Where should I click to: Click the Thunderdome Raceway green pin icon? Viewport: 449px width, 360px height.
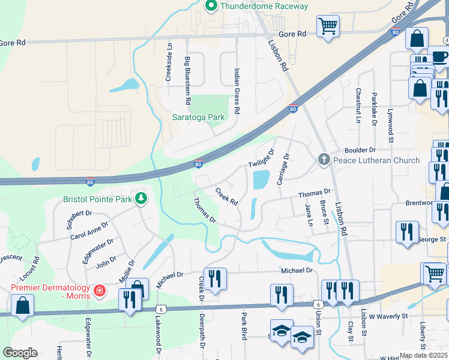pyautogui.click(x=211, y=6)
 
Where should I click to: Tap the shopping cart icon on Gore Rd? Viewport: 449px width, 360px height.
pyautogui.click(x=328, y=26)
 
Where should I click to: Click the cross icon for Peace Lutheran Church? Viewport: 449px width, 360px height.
pyautogui.click(x=324, y=159)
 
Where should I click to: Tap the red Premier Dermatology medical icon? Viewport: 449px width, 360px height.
pyautogui.click(x=100, y=292)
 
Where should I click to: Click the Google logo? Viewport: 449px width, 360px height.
pyautogui.click(x=19, y=353)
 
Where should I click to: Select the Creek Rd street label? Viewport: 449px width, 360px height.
pyautogui.click(x=227, y=196)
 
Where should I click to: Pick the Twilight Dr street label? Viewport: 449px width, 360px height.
pyautogui.click(x=261, y=157)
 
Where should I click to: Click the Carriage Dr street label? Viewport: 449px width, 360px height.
pyautogui.click(x=282, y=168)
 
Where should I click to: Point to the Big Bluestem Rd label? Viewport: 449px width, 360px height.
pyautogui.click(x=187, y=78)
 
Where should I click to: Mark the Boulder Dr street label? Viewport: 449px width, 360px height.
pyautogui.click(x=360, y=149)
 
